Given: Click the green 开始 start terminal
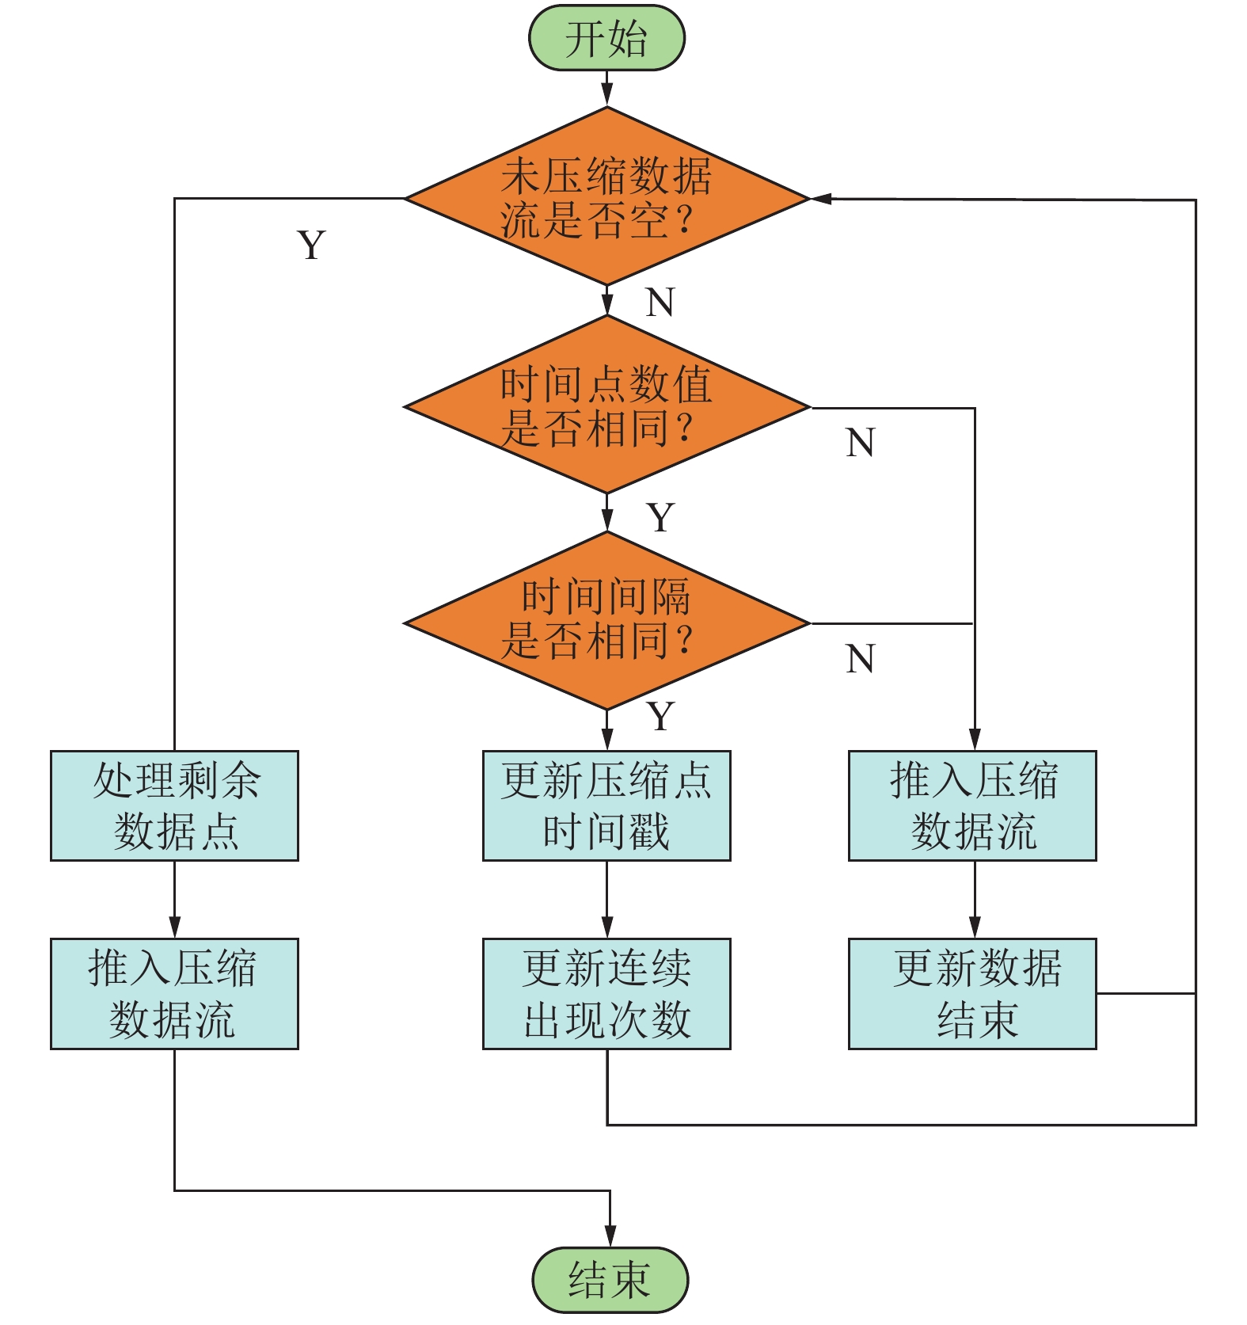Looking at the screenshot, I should (606, 38).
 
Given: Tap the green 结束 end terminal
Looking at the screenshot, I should (610, 1280).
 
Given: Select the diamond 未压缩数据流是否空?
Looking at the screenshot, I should (606, 197).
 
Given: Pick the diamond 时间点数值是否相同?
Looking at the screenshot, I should (606, 406).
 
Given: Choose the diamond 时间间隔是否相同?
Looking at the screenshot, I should (606, 622).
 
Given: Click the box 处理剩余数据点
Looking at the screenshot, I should (174, 805).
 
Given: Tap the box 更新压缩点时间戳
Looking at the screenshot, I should (606, 805).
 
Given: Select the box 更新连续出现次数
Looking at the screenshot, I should (606, 994).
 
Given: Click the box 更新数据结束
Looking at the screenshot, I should (972, 994).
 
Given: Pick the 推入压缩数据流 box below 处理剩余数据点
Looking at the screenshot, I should (174, 994).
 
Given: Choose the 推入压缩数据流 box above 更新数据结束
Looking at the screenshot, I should (972, 805).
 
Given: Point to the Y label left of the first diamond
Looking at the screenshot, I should (311, 245).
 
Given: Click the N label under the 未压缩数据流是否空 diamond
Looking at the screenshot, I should (660, 302).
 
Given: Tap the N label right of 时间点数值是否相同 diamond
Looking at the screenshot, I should (860, 443).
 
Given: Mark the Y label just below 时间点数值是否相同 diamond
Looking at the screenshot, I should (660, 518).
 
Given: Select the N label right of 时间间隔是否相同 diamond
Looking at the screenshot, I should (860, 659).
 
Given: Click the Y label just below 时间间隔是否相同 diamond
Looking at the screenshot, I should (660, 717).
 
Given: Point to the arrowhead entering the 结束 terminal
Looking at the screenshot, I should (610, 1236).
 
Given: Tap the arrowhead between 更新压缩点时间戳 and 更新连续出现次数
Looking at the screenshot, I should (607, 927).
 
